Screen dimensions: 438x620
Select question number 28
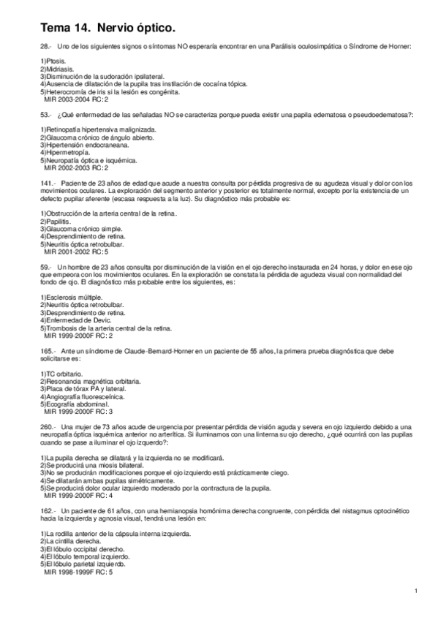tap(45, 47)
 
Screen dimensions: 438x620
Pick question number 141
tap(48, 182)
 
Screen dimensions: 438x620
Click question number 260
tap(48, 426)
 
